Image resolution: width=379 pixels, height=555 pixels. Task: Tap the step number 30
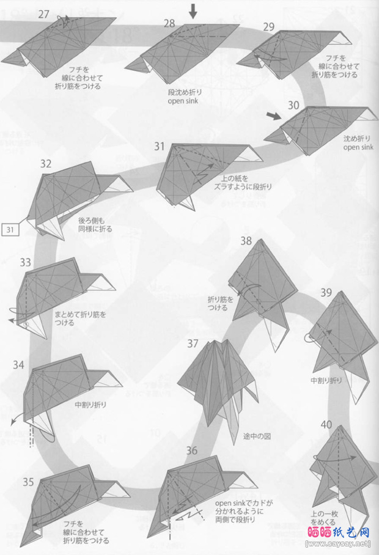coord(294,105)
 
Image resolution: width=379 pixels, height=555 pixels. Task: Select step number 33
coord(25,262)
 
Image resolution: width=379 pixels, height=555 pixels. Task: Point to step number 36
coord(192,451)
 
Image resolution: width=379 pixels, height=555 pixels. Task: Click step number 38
coord(246,241)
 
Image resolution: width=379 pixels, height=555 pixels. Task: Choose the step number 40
coord(326,425)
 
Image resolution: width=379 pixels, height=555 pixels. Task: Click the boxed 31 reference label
coord(10,230)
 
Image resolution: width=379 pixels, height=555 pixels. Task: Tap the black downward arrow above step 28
coord(193,10)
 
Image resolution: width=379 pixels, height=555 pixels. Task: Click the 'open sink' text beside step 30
coord(358,147)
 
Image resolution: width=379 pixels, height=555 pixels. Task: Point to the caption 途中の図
coord(255,436)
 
